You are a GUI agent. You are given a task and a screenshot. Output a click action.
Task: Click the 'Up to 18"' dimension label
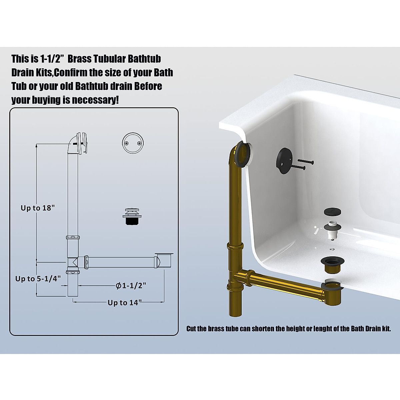[x=37, y=208]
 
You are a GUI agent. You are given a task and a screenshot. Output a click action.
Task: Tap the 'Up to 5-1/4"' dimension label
[x=38, y=279]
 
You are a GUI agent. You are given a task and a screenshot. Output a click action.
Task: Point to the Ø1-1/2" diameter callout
[x=131, y=285]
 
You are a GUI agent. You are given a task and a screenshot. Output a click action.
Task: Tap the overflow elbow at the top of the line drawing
[x=77, y=143]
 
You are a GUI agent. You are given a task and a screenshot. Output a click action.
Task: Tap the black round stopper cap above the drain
[x=332, y=212]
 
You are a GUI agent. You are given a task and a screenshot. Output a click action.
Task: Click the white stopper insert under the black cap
[x=332, y=230]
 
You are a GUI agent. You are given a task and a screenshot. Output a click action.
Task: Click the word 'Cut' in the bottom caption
[x=191, y=329]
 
